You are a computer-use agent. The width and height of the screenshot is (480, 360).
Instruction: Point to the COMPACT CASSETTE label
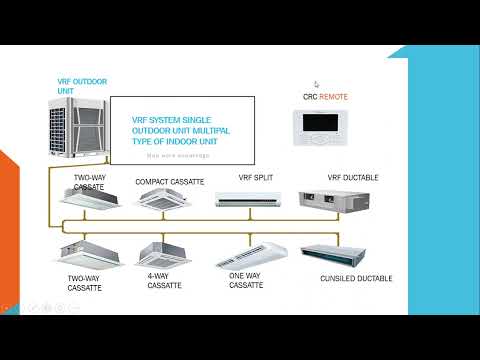[x=169, y=182]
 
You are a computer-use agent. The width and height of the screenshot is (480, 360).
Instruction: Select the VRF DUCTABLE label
[x=350, y=177]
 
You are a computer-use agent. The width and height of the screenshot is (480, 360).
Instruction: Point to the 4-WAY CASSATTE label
[x=165, y=280]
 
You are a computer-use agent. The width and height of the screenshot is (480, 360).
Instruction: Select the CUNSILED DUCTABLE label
[x=356, y=277]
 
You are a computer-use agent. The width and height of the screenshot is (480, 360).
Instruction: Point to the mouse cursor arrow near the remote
[x=316, y=85]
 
